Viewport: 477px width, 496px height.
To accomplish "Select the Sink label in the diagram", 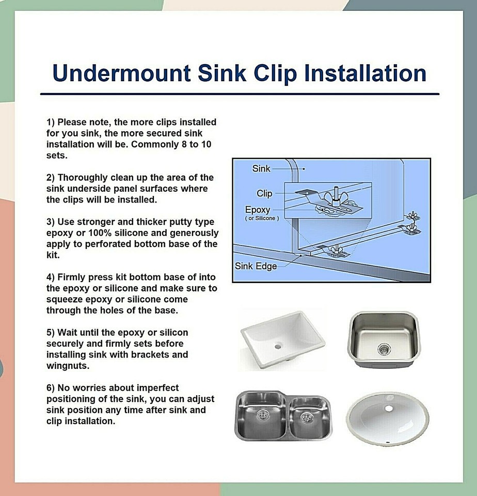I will click(x=261, y=168).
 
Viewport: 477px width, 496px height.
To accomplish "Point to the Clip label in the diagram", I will click(x=264, y=194).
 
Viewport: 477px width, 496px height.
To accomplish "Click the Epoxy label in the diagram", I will click(x=257, y=210).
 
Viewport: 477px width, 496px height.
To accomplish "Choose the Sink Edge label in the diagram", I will click(x=256, y=267).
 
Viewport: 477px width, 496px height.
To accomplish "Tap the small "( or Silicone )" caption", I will click(x=262, y=219).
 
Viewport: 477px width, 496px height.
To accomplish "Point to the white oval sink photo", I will click(x=388, y=416).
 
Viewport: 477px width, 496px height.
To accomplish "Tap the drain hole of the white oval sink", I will click(x=389, y=408).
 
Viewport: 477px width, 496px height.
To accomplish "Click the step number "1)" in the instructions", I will click(x=51, y=122).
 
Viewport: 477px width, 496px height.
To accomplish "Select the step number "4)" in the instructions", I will click(x=51, y=277).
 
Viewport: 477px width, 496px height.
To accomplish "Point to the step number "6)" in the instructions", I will click(x=51, y=388).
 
